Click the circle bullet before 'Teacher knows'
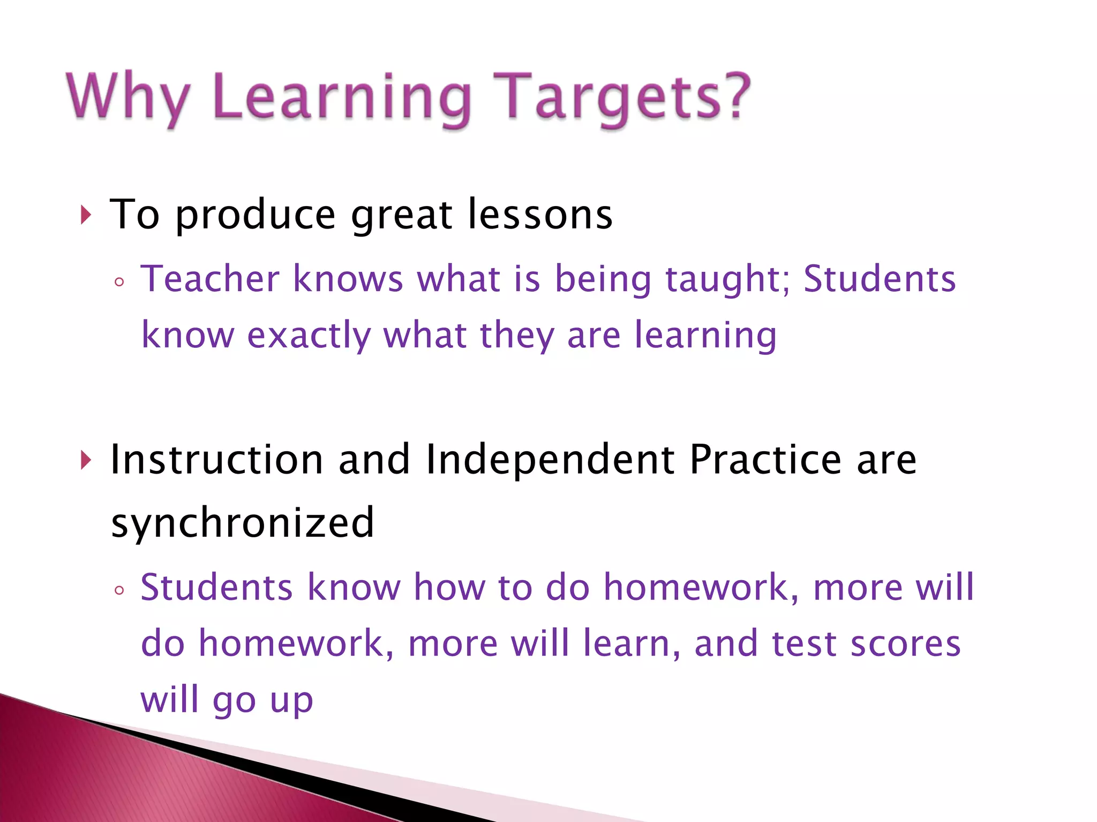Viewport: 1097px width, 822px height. coord(119,282)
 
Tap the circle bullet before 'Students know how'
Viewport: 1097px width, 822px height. coord(119,591)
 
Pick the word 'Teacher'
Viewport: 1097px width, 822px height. coord(210,279)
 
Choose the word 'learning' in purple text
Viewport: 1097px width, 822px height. coord(705,336)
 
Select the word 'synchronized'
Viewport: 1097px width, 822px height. coord(243,523)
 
